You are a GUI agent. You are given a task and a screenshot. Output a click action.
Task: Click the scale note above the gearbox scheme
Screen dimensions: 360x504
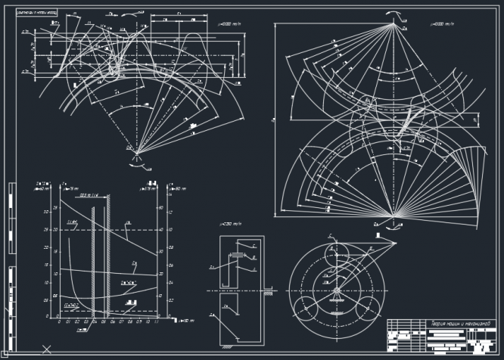(x=229, y=225)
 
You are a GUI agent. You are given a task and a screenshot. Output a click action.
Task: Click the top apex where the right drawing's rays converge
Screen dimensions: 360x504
(x=392, y=26)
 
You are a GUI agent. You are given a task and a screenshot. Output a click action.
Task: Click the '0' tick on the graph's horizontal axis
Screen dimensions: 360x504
(x=59, y=321)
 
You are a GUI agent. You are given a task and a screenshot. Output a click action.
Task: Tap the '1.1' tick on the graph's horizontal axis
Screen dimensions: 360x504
(x=156, y=321)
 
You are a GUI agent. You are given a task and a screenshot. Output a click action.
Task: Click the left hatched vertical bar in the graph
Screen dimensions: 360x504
(x=92, y=257)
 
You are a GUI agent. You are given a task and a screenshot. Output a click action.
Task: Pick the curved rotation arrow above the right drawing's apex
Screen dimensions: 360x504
(x=392, y=14)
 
